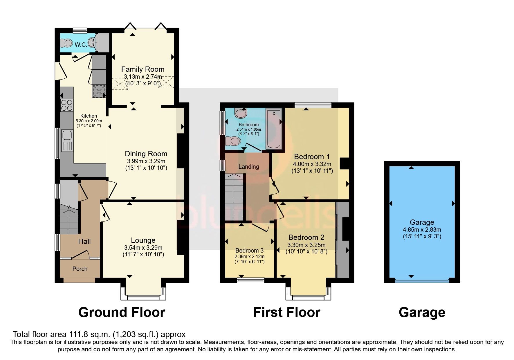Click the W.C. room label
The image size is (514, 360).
[81, 45]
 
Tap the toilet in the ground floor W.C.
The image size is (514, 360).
[66, 43]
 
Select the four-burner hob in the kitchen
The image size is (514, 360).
[66, 105]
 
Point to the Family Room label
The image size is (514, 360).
[143, 69]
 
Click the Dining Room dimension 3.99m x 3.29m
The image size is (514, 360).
[146, 161]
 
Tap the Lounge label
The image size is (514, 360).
[143, 240]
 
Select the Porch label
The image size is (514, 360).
[80, 269]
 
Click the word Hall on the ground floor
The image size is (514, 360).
[84, 241]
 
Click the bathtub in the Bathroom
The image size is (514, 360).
[274, 129]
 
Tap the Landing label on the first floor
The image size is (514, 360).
[248, 167]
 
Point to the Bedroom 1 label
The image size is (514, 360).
[312, 157]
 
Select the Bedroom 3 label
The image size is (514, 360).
[249, 251]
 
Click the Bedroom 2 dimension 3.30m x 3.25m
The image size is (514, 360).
[306, 245]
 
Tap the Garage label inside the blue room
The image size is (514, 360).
[422, 222]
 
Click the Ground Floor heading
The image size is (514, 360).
[122, 312]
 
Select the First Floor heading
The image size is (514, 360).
[286, 312]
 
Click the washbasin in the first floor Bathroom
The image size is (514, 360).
[240, 113]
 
